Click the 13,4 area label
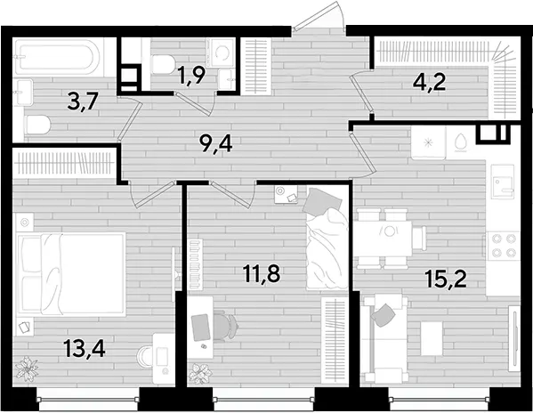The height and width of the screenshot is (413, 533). (85, 349)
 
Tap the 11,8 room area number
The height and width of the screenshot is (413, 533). (262, 273)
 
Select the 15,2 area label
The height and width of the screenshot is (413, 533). (445, 279)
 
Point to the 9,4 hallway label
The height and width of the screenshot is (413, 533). (216, 144)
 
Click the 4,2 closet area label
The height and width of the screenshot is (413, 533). (429, 82)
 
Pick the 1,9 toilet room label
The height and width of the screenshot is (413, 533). (191, 75)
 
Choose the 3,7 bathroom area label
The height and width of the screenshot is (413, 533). (83, 102)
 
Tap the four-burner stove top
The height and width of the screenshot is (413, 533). (503, 246)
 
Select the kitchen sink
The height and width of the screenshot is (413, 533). (503, 182)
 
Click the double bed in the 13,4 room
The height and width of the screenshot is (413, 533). (70, 273)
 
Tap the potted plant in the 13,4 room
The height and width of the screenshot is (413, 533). (27, 368)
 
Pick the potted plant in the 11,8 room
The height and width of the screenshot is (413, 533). (200, 373)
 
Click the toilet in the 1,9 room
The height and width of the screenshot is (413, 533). (163, 65)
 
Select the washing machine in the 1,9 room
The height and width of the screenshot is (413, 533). (222, 53)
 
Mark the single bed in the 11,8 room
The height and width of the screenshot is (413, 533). (327, 239)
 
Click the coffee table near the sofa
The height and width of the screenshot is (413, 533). (432, 338)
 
